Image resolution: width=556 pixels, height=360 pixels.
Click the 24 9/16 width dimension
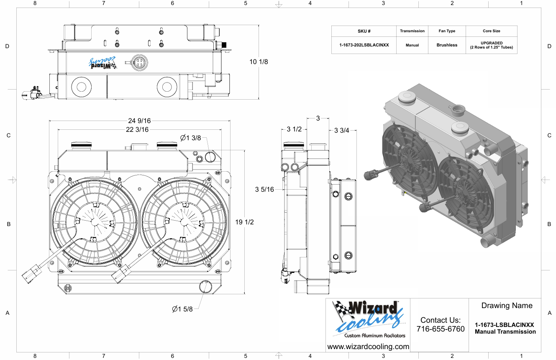tap(139, 121)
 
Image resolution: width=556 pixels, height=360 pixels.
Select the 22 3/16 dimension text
tap(137, 129)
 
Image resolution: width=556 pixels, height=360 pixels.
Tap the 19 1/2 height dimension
tap(244, 222)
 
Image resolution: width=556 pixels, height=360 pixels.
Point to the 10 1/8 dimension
tap(259, 62)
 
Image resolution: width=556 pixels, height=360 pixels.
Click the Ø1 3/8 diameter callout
tap(191, 138)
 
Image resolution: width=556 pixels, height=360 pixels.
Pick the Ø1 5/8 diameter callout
tap(182, 309)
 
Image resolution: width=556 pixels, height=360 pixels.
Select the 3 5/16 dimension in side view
tap(264, 190)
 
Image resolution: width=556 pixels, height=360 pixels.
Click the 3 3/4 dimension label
tap(342, 130)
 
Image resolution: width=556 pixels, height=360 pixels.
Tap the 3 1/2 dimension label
tap(294, 129)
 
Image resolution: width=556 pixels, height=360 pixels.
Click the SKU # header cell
tap(364, 31)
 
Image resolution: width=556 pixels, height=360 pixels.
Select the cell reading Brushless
tap(447, 45)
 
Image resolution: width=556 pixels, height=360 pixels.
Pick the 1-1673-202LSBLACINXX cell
tap(364, 45)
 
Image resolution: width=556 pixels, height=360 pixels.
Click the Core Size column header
tap(491, 31)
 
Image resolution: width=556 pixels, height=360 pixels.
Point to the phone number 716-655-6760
tap(441, 329)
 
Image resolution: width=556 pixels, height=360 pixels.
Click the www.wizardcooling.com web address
tap(368, 347)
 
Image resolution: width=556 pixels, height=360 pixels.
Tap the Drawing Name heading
tap(507, 306)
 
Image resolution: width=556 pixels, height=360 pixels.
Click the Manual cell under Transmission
tap(412, 45)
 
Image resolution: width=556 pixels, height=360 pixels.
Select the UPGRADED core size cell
tap(492, 45)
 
